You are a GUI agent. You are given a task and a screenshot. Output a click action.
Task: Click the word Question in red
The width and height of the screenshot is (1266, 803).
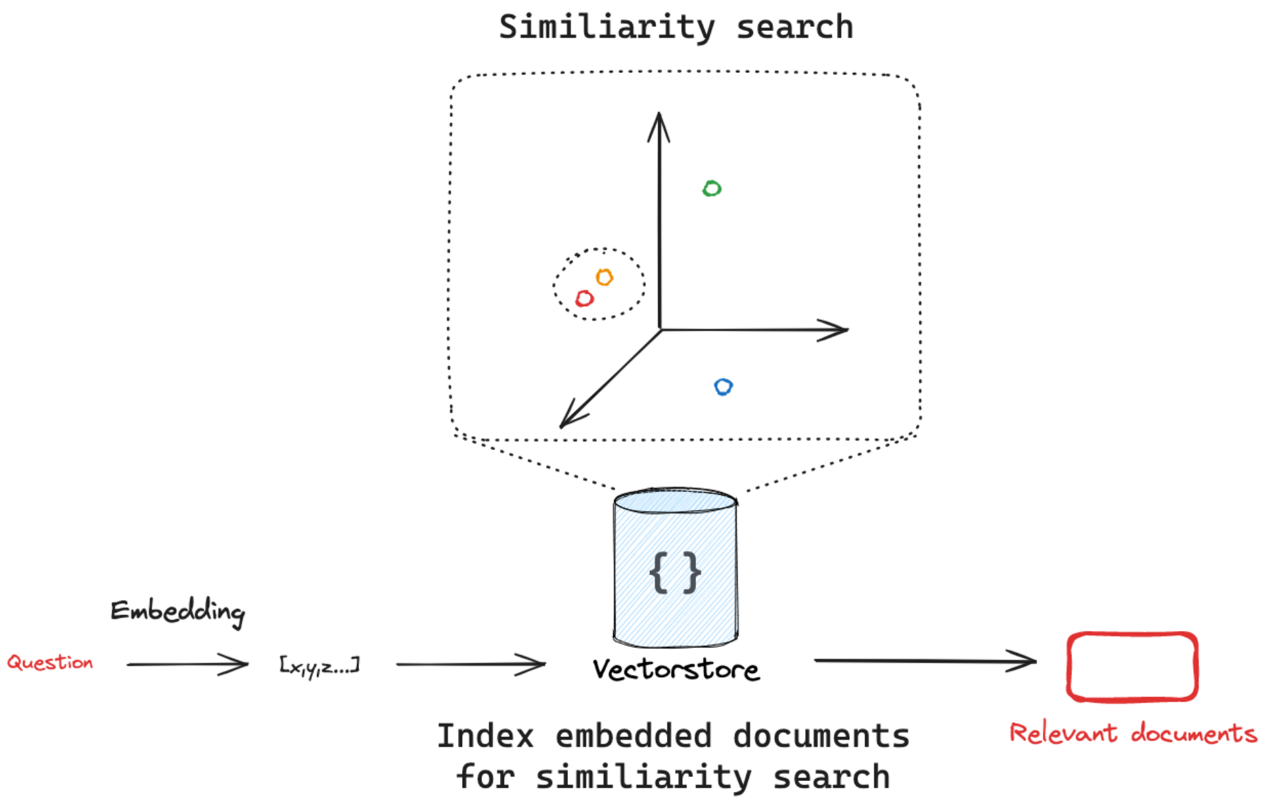[50, 662]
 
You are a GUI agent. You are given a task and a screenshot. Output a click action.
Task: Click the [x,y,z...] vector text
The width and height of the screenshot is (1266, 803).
[319, 666]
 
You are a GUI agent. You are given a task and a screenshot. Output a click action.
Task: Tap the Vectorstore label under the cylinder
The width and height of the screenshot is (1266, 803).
[677, 669]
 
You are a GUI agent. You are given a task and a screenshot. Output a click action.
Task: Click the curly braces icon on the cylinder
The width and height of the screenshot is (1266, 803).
[675, 572]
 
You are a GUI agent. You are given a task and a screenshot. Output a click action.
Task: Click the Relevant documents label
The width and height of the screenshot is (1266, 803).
[1133, 733]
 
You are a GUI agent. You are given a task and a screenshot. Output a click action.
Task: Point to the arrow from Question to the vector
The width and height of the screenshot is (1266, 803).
[187, 664]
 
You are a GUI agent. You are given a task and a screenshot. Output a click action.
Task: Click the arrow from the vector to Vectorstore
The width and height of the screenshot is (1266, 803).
[471, 664]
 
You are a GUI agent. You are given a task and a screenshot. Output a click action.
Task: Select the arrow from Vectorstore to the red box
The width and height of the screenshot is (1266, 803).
[926, 661]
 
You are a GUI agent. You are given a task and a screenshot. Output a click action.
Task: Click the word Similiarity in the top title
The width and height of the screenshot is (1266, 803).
[607, 28]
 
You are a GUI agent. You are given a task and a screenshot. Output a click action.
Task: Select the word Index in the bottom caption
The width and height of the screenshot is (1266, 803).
[485, 736]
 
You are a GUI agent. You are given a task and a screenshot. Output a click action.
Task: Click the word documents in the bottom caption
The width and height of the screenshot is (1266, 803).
[822, 736]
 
